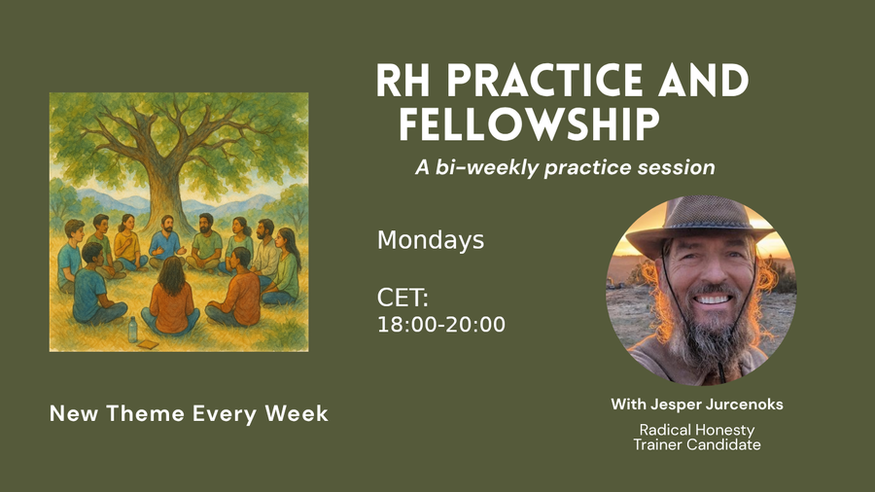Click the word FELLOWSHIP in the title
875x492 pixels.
point(530,125)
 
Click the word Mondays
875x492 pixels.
point(430,240)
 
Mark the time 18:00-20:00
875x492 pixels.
point(440,325)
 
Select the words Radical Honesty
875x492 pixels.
point(696,429)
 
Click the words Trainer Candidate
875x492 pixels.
point(696,444)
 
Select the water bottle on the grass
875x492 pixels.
point(132,330)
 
